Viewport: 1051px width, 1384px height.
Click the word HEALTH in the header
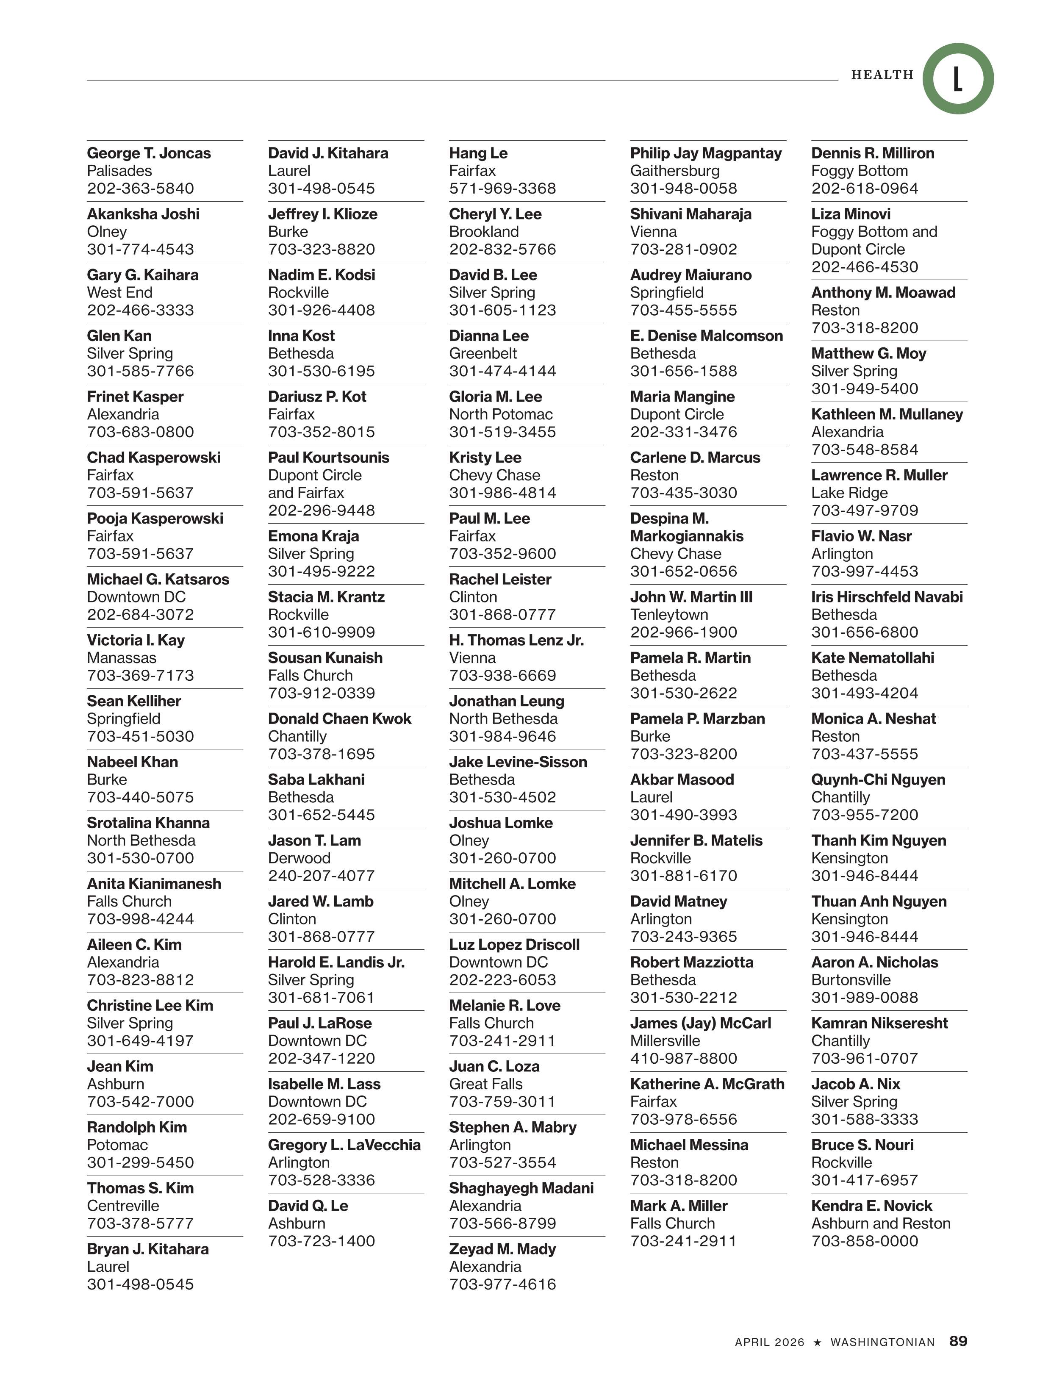(882, 75)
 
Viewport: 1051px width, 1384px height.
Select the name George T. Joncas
(149, 153)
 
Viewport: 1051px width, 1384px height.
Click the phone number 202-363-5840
(140, 189)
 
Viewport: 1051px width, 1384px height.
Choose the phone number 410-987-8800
(683, 1058)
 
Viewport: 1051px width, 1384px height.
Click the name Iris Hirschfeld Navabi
(887, 597)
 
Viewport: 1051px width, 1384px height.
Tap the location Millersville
(665, 1040)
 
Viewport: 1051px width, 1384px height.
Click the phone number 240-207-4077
(321, 875)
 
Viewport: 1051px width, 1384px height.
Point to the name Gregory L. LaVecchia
(344, 1144)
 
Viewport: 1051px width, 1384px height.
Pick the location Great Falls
(485, 1084)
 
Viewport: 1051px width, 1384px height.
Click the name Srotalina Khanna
(148, 823)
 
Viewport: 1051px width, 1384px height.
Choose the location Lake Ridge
(849, 493)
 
